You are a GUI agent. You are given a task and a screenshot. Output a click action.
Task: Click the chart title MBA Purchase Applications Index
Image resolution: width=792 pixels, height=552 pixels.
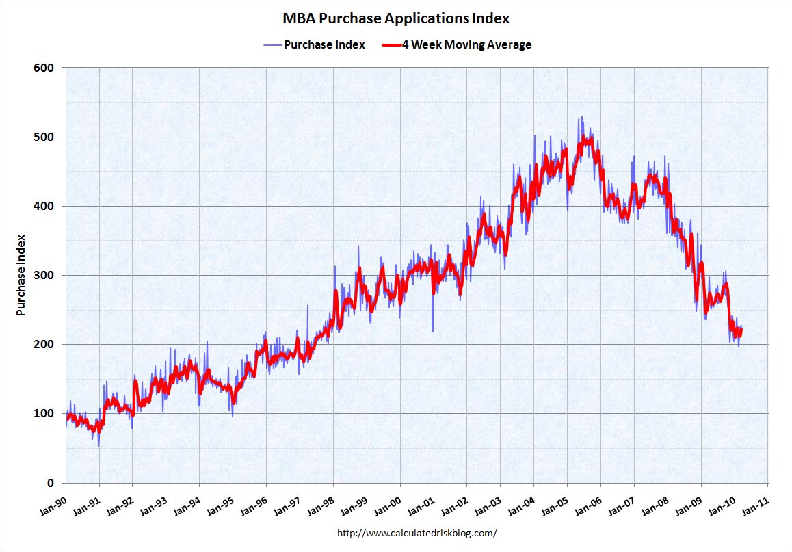[396, 18]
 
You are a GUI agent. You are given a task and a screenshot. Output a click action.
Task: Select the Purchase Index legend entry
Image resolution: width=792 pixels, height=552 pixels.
[324, 45]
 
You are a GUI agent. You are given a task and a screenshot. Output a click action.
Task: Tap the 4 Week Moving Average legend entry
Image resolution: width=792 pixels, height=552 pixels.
[466, 45]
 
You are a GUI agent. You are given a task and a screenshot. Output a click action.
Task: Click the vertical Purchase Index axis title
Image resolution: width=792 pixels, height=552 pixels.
[21, 275]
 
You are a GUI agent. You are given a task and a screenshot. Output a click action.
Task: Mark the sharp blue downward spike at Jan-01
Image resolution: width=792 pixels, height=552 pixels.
[433, 330]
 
